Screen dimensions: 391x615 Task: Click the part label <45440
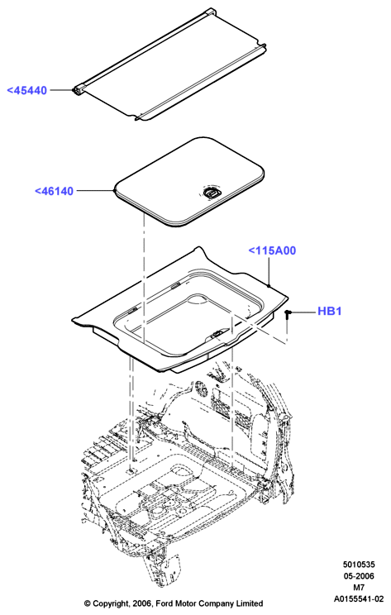27,90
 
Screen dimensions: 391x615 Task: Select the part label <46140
54,191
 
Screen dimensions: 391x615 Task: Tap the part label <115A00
272,250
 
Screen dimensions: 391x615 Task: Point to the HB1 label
330,311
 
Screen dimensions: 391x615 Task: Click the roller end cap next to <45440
78,90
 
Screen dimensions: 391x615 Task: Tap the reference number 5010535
359,565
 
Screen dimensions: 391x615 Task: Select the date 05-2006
359,576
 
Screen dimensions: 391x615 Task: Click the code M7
359,588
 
